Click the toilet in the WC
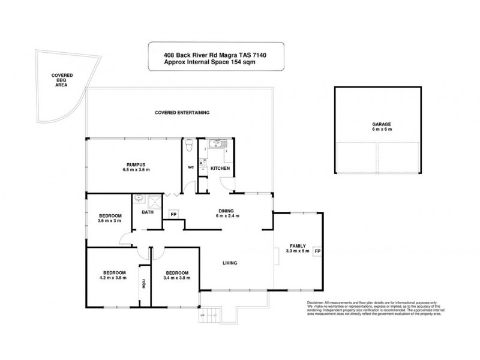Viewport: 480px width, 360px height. (190, 146)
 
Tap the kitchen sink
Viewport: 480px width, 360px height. (214, 144)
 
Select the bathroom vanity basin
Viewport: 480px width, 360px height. (139, 197)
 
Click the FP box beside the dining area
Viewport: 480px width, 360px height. (173, 214)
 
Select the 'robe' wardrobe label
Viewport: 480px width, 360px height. (144, 284)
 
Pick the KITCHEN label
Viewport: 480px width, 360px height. (220, 169)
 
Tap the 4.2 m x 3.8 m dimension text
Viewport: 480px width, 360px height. (113, 278)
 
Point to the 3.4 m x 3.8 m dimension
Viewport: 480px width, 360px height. (177, 278)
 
